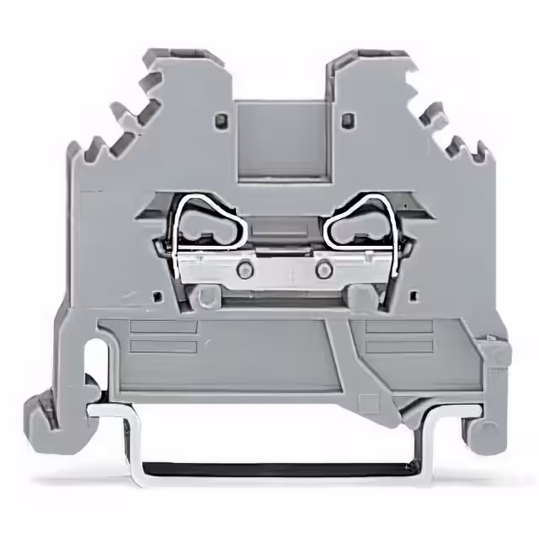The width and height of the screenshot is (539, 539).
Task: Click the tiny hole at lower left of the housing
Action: (x=156, y=296)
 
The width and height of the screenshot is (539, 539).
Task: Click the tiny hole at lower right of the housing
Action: (x=413, y=296)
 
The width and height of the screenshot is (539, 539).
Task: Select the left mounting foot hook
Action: (x=51, y=413)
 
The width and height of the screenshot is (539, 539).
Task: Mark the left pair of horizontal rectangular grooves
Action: (x=164, y=337)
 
